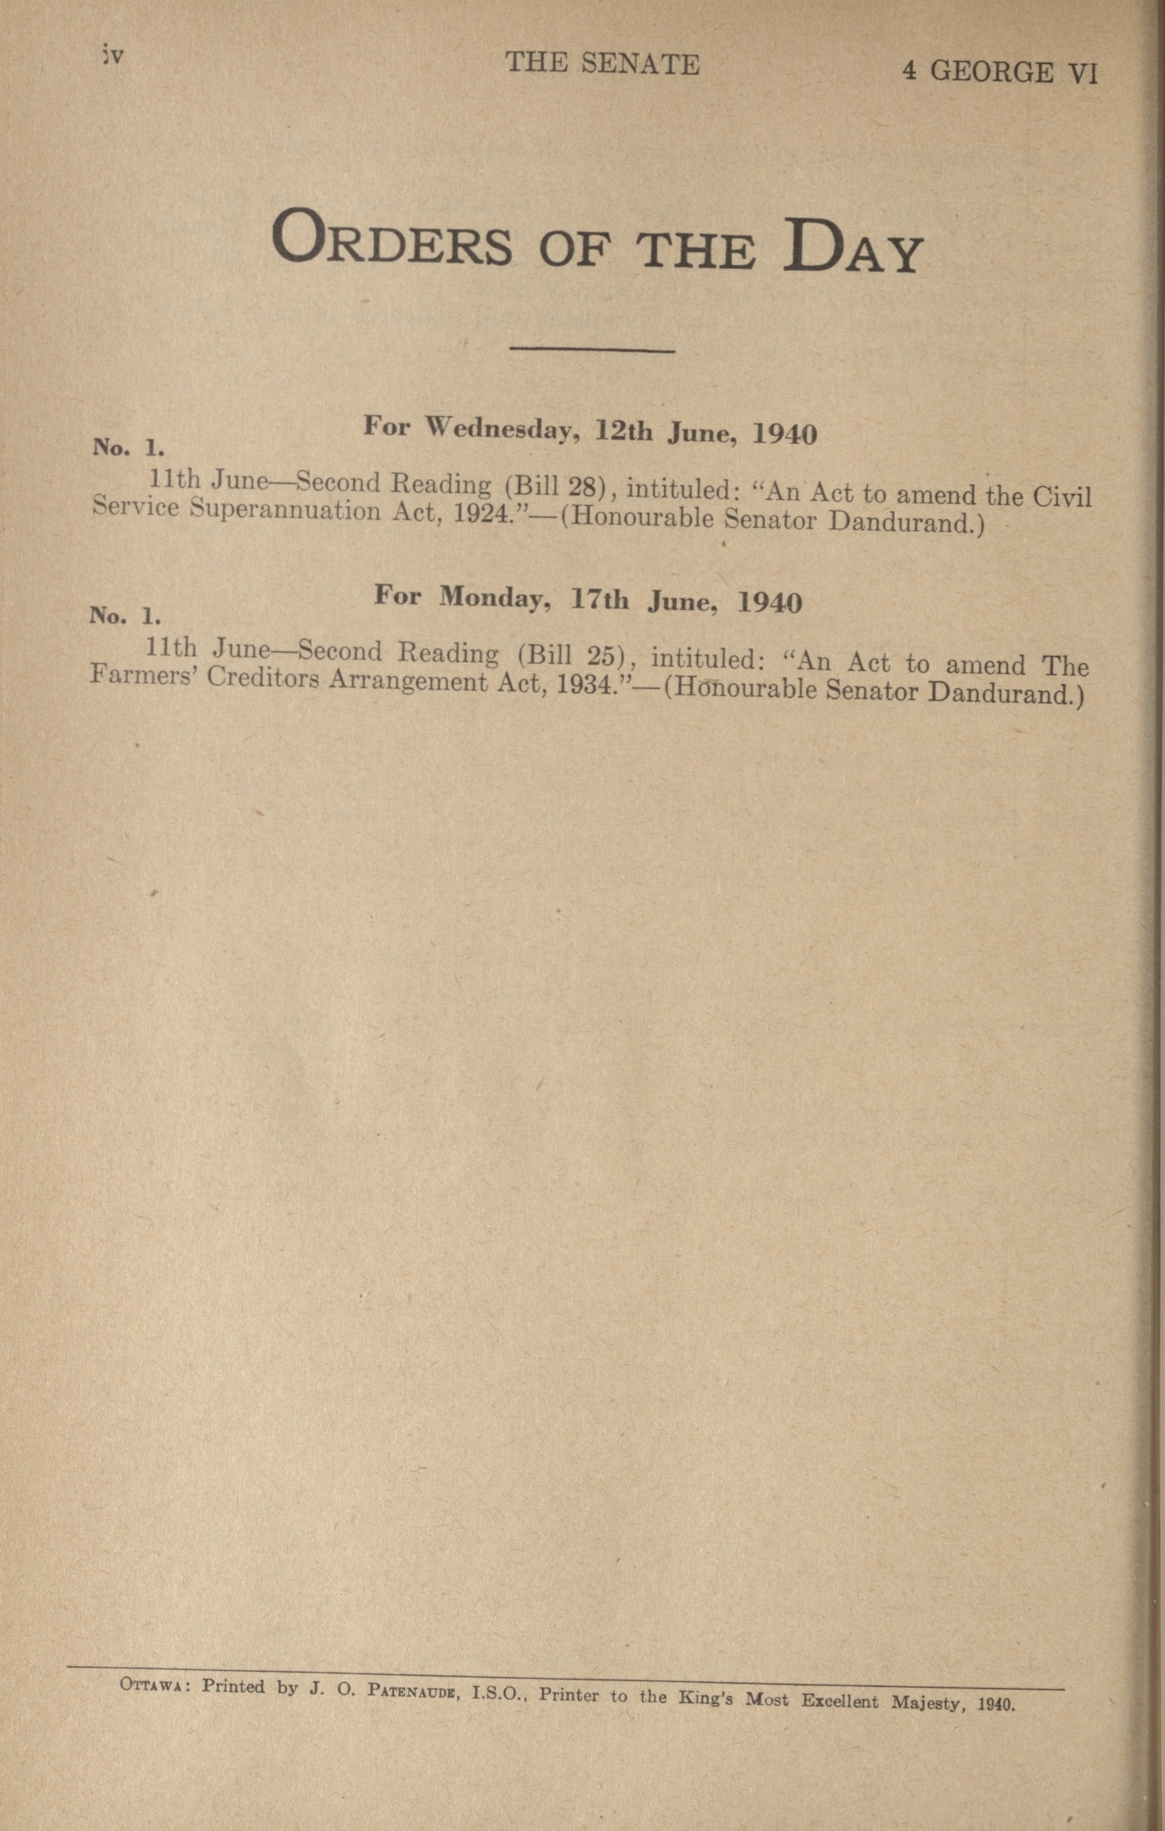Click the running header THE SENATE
click(x=602, y=64)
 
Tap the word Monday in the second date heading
click(x=495, y=598)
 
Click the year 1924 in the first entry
click(x=476, y=515)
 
